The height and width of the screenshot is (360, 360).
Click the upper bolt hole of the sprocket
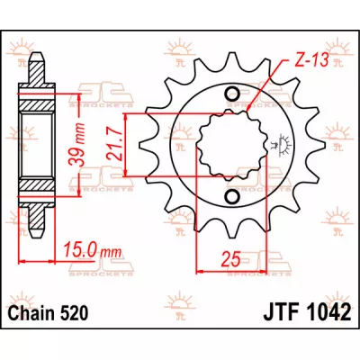pyautogui.click(x=233, y=94)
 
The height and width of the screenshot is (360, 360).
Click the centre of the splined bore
pyautogui.click(x=233, y=146)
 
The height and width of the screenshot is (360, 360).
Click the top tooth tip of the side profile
pyautogui.click(x=35, y=59)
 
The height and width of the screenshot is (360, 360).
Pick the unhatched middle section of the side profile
pyautogui.click(x=35, y=146)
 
